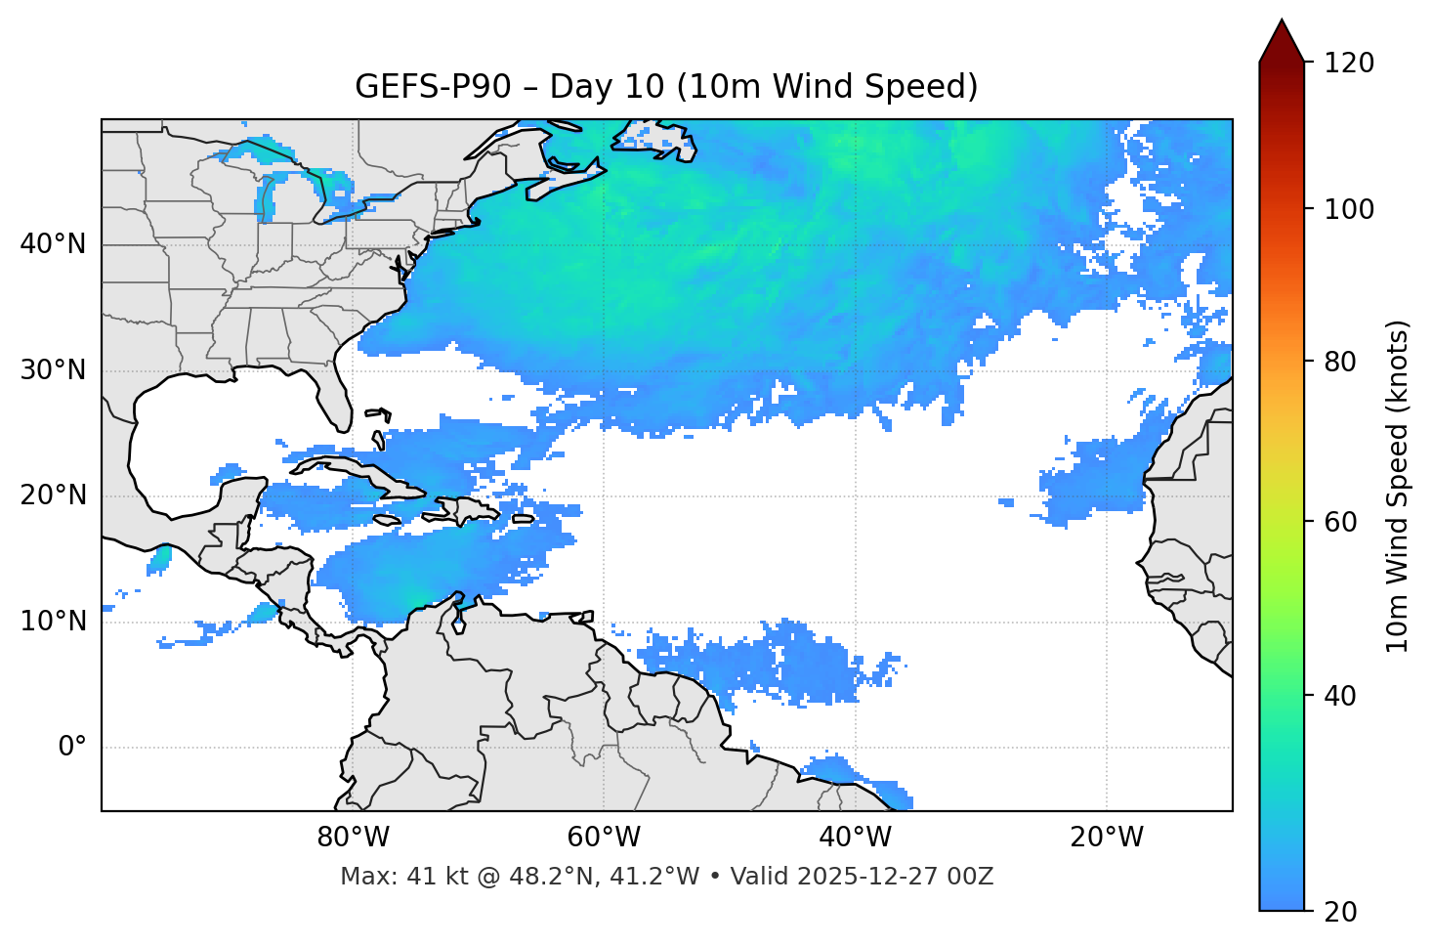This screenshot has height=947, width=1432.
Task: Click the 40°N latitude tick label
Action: (53, 244)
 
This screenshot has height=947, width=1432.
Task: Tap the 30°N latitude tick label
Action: (53, 370)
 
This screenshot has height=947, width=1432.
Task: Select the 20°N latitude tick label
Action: (53, 495)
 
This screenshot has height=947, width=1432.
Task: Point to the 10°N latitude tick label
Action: (53, 622)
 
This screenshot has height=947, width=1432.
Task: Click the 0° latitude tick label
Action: (72, 747)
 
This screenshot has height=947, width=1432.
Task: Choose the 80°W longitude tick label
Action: (353, 838)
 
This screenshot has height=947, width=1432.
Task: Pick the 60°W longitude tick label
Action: (604, 838)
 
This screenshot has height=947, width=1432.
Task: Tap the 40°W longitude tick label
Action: (855, 838)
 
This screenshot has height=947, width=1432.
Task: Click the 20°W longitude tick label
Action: (1107, 838)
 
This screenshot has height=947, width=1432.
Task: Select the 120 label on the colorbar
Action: (1348, 63)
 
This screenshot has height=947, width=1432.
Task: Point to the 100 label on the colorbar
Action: (1348, 209)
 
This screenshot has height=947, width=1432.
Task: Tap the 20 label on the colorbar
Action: (1340, 912)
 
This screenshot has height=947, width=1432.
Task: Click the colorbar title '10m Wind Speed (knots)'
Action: (1398, 486)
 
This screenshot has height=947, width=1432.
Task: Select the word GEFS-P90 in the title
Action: (433, 87)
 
